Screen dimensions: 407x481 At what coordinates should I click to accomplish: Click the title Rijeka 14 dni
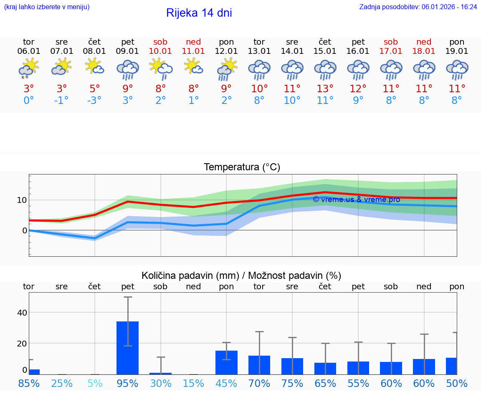click(x=199, y=13)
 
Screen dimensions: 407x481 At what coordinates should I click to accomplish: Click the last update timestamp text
click(x=418, y=7)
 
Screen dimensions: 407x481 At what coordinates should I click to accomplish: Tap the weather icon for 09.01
click(x=128, y=69)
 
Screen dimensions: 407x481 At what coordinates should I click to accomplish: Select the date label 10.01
click(x=160, y=51)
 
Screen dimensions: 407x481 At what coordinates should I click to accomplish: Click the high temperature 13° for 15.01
click(x=325, y=89)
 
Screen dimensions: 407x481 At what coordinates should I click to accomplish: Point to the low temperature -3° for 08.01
click(x=95, y=101)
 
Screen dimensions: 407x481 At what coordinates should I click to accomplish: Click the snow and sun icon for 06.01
click(x=28, y=68)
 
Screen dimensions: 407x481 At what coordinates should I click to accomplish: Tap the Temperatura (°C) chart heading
click(x=242, y=167)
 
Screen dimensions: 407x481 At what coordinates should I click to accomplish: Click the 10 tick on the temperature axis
click(x=22, y=200)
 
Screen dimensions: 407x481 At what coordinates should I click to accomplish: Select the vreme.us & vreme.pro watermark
click(x=356, y=200)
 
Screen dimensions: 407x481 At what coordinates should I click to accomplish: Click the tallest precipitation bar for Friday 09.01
click(x=127, y=347)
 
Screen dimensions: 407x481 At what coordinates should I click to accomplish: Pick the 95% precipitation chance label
click(x=127, y=383)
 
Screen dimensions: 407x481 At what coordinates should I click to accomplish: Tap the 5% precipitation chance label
click(x=95, y=383)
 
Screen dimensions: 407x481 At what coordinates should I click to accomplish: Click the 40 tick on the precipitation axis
click(x=22, y=313)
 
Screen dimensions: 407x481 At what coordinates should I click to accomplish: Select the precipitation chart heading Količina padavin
click(x=241, y=276)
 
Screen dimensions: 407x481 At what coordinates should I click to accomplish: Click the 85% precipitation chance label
click(x=29, y=383)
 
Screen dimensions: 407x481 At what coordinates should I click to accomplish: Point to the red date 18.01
click(x=424, y=51)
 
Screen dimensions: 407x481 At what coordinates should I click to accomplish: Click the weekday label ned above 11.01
click(x=193, y=42)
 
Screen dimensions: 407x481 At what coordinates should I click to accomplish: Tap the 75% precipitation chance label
click(x=292, y=383)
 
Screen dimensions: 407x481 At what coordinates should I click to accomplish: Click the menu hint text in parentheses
click(x=47, y=7)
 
